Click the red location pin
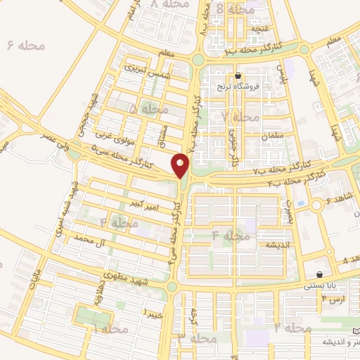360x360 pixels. [x=181, y=165]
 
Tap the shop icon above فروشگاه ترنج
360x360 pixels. [x=238, y=76]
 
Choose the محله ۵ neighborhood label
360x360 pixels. [x=149, y=109]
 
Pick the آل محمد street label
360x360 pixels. [x=93, y=240]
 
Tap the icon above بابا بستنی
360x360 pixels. [x=321, y=274]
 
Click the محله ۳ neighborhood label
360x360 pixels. [x=187, y=338]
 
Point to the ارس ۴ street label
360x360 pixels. [x=333, y=300]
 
